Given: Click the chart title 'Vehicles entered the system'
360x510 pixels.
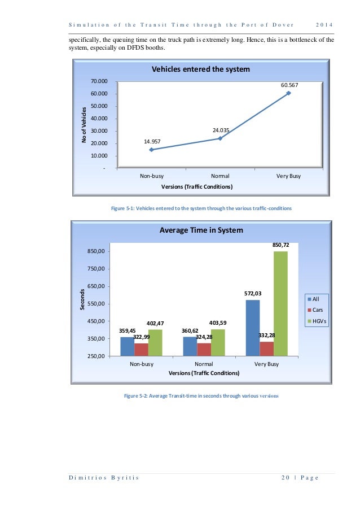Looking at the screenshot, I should (200, 69).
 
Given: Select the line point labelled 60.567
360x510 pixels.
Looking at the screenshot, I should (288, 93).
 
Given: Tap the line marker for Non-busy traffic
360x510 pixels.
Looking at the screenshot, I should (151, 150).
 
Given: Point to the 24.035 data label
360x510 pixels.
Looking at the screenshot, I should (221, 130).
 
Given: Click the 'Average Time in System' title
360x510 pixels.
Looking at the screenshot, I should (201, 230).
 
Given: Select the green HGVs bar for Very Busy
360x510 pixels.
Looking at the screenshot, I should (280, 303).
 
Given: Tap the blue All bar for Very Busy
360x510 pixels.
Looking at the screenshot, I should (253, 328).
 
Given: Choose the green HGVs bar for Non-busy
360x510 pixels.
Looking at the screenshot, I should (155, 342).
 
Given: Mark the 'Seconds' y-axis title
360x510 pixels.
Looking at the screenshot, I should (82, 299).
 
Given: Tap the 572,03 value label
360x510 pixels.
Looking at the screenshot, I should (253, 294).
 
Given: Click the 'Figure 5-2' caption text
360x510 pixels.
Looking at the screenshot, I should (201, 395).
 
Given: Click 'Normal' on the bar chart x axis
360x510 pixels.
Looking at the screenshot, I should (204, 364).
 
